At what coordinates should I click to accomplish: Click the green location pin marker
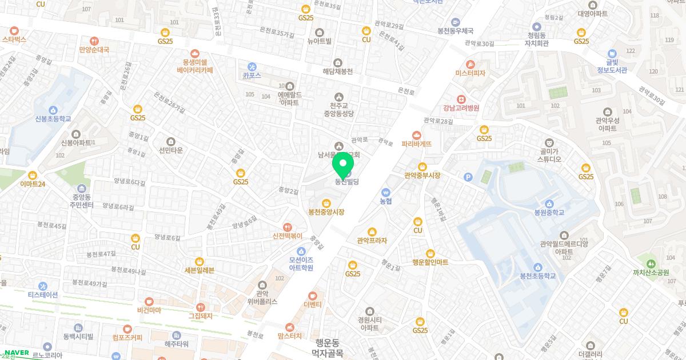tap(343, 166)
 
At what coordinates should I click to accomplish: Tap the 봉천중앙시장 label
tap(326, 212)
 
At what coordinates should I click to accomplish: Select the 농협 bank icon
tap(386, 193)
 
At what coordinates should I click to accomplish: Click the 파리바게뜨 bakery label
tap(416, 144)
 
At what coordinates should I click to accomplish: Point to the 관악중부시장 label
tap(422, 175)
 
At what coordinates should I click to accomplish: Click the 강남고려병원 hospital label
tap(461, 107)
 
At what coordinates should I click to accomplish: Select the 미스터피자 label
tap(470, 73)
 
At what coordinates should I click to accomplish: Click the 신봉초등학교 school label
tap(53, 119)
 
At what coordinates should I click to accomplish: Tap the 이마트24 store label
tap(32, 184)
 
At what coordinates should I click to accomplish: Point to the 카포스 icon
tap(252, 67)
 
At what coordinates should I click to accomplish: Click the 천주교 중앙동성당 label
tap(340, 108)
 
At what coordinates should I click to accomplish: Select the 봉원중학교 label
tap(549, 212)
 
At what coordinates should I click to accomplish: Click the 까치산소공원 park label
tap(650, 273)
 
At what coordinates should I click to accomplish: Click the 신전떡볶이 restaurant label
tap(287, 235)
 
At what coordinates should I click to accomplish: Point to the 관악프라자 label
tap(372, 241)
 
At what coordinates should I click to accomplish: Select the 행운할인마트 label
tap(430, 262)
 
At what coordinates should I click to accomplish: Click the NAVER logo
tap(16, 353)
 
